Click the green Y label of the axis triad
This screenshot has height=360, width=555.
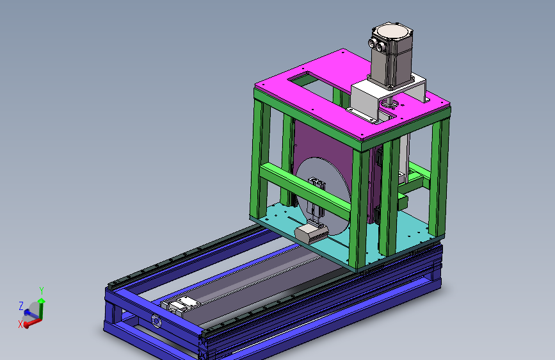coord(42,291)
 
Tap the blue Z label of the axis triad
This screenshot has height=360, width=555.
coord(21,306)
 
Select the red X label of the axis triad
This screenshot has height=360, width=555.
coord(20,324)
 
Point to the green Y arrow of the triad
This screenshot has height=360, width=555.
coord(42,309)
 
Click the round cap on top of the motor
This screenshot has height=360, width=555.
coord(392,31)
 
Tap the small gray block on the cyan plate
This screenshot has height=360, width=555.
coord(311,234)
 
